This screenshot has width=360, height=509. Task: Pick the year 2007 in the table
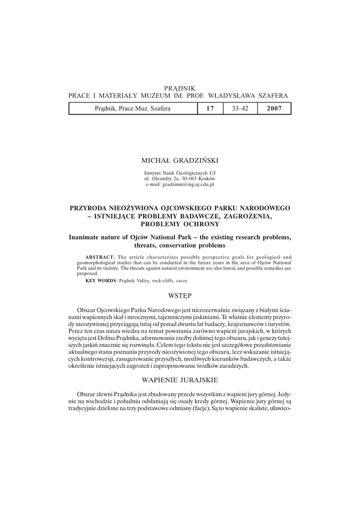click(x=274, y=108)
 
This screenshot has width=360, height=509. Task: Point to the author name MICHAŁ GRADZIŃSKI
click(x=180, y=160)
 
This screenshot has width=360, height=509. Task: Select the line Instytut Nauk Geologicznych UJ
click(x=180, y=172)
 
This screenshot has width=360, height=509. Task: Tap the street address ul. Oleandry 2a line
click(x=180, y=178)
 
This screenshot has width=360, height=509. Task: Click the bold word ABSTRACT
click(x=100, y=256)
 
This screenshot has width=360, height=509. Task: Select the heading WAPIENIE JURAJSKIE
click(x=180, y=380)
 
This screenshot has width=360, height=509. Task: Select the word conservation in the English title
click(x=180, y=246)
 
